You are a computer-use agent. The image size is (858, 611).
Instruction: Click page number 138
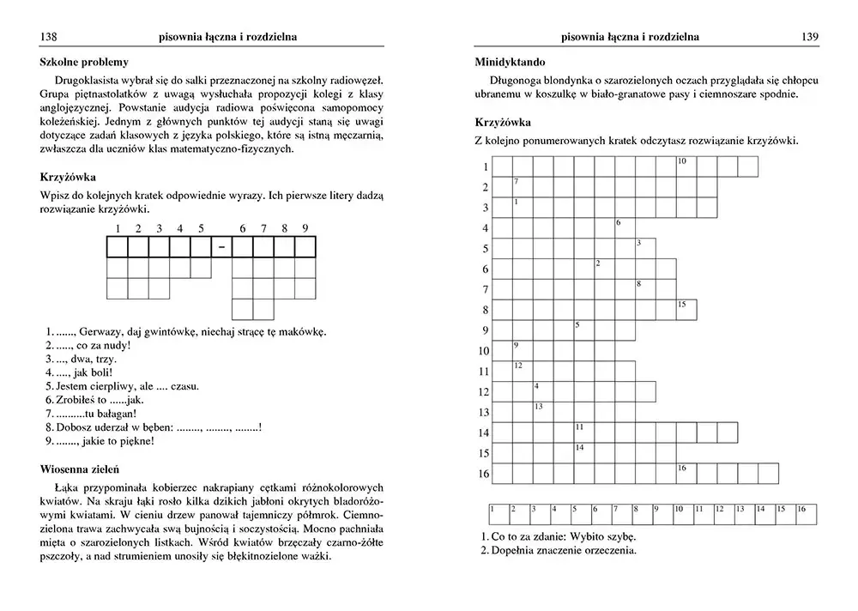(x=49, y=36)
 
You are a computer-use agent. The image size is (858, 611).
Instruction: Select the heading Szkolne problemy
(x=84, y=62)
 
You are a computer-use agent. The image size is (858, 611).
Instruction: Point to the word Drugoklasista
(x=84, y=81)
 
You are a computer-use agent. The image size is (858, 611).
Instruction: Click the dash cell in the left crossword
(x=222, y=247)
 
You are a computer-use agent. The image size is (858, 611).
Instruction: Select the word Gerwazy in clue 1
(x=101, y=332)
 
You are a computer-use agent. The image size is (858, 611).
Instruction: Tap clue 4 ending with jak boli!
(x=78, y=372)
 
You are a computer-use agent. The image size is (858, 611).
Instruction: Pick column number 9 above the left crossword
(x=305, y=228)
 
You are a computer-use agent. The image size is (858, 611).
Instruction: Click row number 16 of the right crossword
(x=483, y=474)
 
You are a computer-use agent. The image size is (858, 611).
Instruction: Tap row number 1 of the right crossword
(x=485, y=166)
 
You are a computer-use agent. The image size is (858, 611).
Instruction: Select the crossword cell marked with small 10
(x=686, y=166)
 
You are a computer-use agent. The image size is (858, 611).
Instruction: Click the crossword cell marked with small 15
(x=686, y=309)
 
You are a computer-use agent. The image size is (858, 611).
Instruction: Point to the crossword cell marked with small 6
(x=624, y=227)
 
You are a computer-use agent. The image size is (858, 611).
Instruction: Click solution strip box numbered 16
(x=805, y=513)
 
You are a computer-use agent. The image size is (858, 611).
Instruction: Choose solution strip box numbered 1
(x=498, y=513)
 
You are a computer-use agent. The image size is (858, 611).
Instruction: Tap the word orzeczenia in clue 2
(x=610, y=550)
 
